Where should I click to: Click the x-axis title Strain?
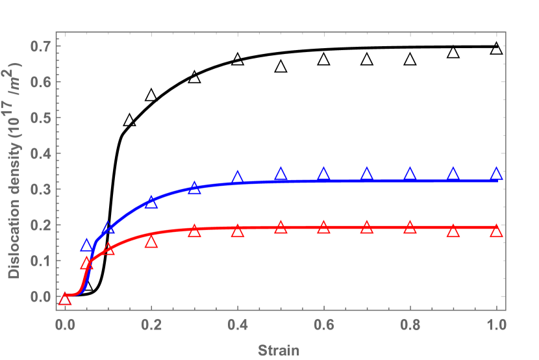[279, 350]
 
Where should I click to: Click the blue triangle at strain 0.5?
[281, 174]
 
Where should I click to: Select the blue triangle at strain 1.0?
[497, 174]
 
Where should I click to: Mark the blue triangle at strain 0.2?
[151, 202]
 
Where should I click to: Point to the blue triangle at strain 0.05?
[86, 246]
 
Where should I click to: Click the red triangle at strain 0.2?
[151, 242]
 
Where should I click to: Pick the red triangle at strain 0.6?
[324, 227]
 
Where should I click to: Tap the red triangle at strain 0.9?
[453, 231]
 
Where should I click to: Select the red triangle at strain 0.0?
[65, 299]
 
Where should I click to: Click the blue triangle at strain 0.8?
[410, 174]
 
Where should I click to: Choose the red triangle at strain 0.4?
[238, 231]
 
